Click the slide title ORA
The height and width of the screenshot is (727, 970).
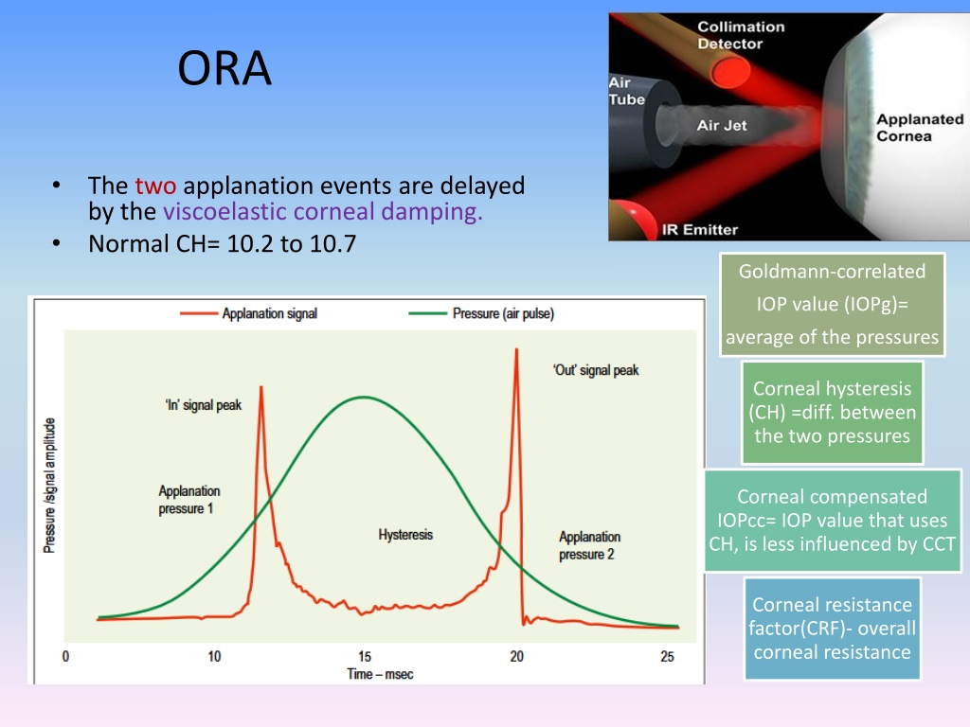click(x=225, y=68)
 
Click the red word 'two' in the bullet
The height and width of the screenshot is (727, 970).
click(x=155, y=186)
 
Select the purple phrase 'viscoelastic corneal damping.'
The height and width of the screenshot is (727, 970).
click(x=322, y=211)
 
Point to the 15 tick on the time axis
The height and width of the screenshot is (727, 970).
click(x=365, y=657)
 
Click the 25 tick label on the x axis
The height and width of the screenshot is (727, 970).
click(x=667, y=657)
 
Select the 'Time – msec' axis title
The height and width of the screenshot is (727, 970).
click(x=380, y=674)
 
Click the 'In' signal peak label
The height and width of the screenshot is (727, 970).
click(x=204, y=405)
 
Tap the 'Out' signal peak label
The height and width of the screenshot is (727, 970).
click(x=596, y=370)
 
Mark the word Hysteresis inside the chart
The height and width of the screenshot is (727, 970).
click(x=405, y=535)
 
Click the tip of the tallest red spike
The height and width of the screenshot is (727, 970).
click(x=516, y=349)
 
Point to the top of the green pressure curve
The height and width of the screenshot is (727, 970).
click(x=364, y=397)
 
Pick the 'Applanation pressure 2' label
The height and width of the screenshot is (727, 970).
click(x=589, y=545)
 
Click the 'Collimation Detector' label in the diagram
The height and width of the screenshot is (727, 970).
click(x=741, y=35)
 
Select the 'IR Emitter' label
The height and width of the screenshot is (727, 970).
click(x=700, y=230)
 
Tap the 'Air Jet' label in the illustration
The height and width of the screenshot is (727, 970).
click(x=721, y=126)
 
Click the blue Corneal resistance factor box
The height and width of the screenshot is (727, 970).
click(x=832, y=629)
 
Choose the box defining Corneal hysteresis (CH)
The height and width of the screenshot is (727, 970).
click(x=832, y=413)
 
